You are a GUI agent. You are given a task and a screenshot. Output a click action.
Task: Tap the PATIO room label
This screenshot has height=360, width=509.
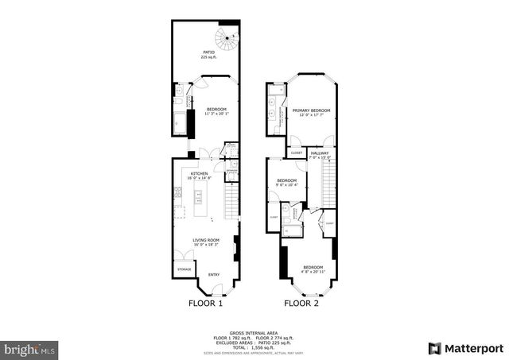209,52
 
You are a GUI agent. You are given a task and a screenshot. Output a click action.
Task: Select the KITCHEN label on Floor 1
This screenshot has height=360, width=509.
199,173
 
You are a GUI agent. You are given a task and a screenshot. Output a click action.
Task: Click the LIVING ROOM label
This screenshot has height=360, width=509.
205,240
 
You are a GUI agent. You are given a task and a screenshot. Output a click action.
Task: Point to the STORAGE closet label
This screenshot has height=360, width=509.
184,269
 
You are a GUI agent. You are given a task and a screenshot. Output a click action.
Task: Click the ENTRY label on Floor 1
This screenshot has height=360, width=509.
213,275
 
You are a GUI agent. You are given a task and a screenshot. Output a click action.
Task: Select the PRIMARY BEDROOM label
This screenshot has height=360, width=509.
311,110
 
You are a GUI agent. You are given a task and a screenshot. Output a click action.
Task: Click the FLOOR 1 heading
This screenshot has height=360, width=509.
205,303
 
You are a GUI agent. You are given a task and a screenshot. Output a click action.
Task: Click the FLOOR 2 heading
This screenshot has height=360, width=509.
303,303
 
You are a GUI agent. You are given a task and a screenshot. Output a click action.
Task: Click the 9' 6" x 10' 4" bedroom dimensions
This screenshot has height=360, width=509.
287,185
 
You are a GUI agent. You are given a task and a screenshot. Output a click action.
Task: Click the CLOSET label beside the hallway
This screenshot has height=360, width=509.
296,153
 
